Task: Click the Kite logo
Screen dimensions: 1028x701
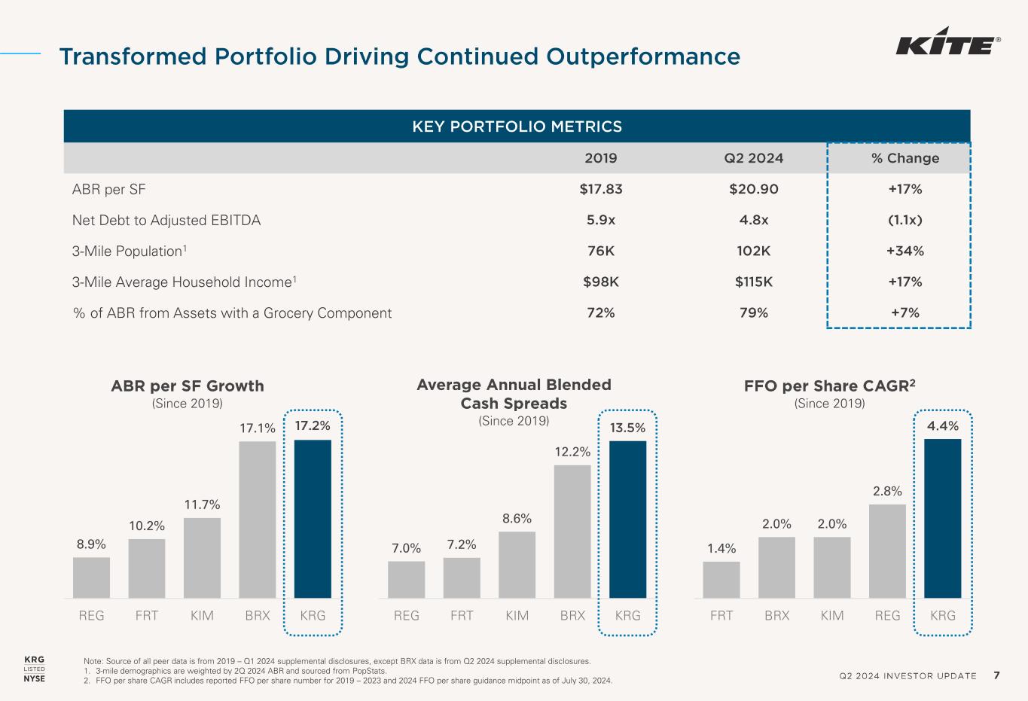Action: click(948, 41)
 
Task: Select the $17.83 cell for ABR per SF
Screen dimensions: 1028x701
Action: click(601, 189)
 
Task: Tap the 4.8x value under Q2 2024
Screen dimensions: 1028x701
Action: click(754, 220)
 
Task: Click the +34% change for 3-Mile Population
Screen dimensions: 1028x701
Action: click(905, 251)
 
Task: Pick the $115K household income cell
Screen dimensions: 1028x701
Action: click(754, 282)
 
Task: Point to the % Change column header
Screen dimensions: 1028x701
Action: click(905, 158)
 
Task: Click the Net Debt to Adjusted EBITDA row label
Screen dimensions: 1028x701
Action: click(166, 221)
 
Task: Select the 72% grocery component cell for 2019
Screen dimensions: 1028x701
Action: click(601, 313)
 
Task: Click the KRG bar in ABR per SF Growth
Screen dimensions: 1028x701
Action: click(313, 519)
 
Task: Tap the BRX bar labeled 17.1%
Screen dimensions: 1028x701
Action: click(258, 520)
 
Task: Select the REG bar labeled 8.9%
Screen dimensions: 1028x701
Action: click(91, 578)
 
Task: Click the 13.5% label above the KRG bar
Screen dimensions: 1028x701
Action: click(627, 428)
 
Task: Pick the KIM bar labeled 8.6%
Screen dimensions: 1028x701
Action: click(517, 565)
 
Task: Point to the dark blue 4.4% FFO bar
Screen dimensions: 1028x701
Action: click(943, 519)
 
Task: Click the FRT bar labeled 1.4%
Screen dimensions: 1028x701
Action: click(721, 580)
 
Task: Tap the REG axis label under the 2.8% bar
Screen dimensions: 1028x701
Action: click(888, 616)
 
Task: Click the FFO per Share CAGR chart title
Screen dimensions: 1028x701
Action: click(830, 386)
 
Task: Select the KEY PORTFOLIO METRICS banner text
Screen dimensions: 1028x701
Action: click(517, 126)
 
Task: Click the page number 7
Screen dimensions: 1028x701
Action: click(996, 675)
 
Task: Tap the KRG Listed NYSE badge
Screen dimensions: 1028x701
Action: click(35, 669)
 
